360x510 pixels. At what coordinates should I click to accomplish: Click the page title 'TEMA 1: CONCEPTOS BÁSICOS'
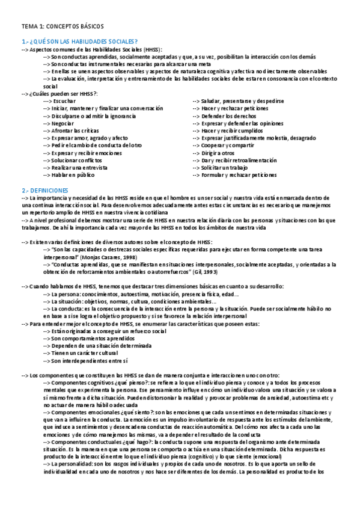pyautogui.click(x=63, y=26)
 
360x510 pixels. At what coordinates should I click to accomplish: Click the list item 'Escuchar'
pyautogui.click(x=64, y=101)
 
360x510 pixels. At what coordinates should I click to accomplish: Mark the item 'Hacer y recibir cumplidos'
pyautogui.click(x=237, y=131)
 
